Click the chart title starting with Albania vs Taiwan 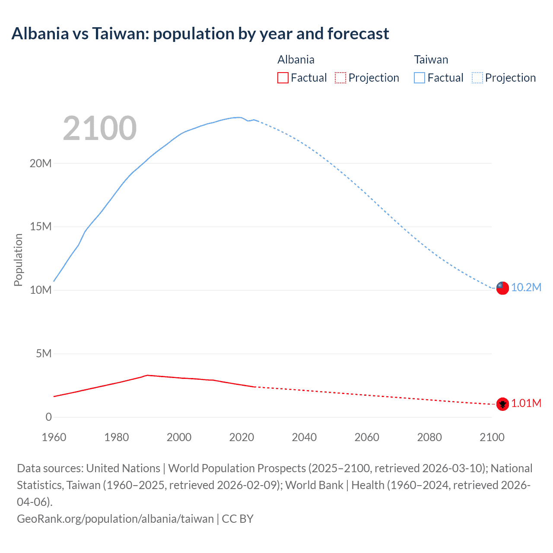pyautogui.click(x=200, y=34)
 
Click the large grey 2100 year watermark pyautogui.click(x=100, y=128)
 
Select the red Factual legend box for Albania pyautogui.click(x=283, y=78)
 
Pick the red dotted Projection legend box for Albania pyautogui.click(x=340, y=78)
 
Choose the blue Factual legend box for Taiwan pyautogui.click(x=419, y=78)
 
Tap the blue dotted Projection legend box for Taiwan pyautogui.click(x=477, y=78)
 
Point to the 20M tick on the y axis pyautogui.click(x=41, y=163)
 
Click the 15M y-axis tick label pyautogui.click(x=41, y=227)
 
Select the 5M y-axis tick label pyautogui.click(x=44, y=354)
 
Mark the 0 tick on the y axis pyautogui.click(x=48, y=417)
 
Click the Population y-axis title pyautogui.click(x=18, y=260)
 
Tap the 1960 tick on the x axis pyautogui.click(x=54, y=437)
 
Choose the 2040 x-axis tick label pyautogui.click(x=304, y=437)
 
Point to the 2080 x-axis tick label pyautogui.click(x=429, y=437)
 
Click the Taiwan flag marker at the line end pyautogui.click(x=502, y=288)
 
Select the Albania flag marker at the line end pyautogui.click(x=502, y=404)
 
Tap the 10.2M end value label pyautogui.click(x=526, y=288)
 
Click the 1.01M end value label pyautogui.click(x=526, y=404)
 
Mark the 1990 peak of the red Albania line pyautogui.click(x=148, y=375)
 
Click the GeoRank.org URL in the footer pyautogui.click(x=115, y=519)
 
